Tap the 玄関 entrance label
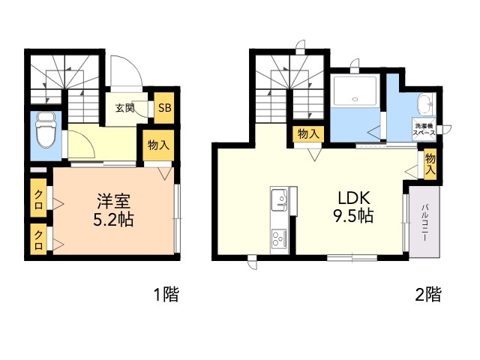[124, 107]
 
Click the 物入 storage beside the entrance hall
[157, 145]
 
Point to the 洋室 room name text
[114, 202]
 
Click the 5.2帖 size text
[114, 221]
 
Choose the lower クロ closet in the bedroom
[37, 241]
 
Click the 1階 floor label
[167, 295]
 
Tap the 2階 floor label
[428, 295]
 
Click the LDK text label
[354, 199]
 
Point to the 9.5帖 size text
[354, 217]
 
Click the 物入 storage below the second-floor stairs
[307, 133]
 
